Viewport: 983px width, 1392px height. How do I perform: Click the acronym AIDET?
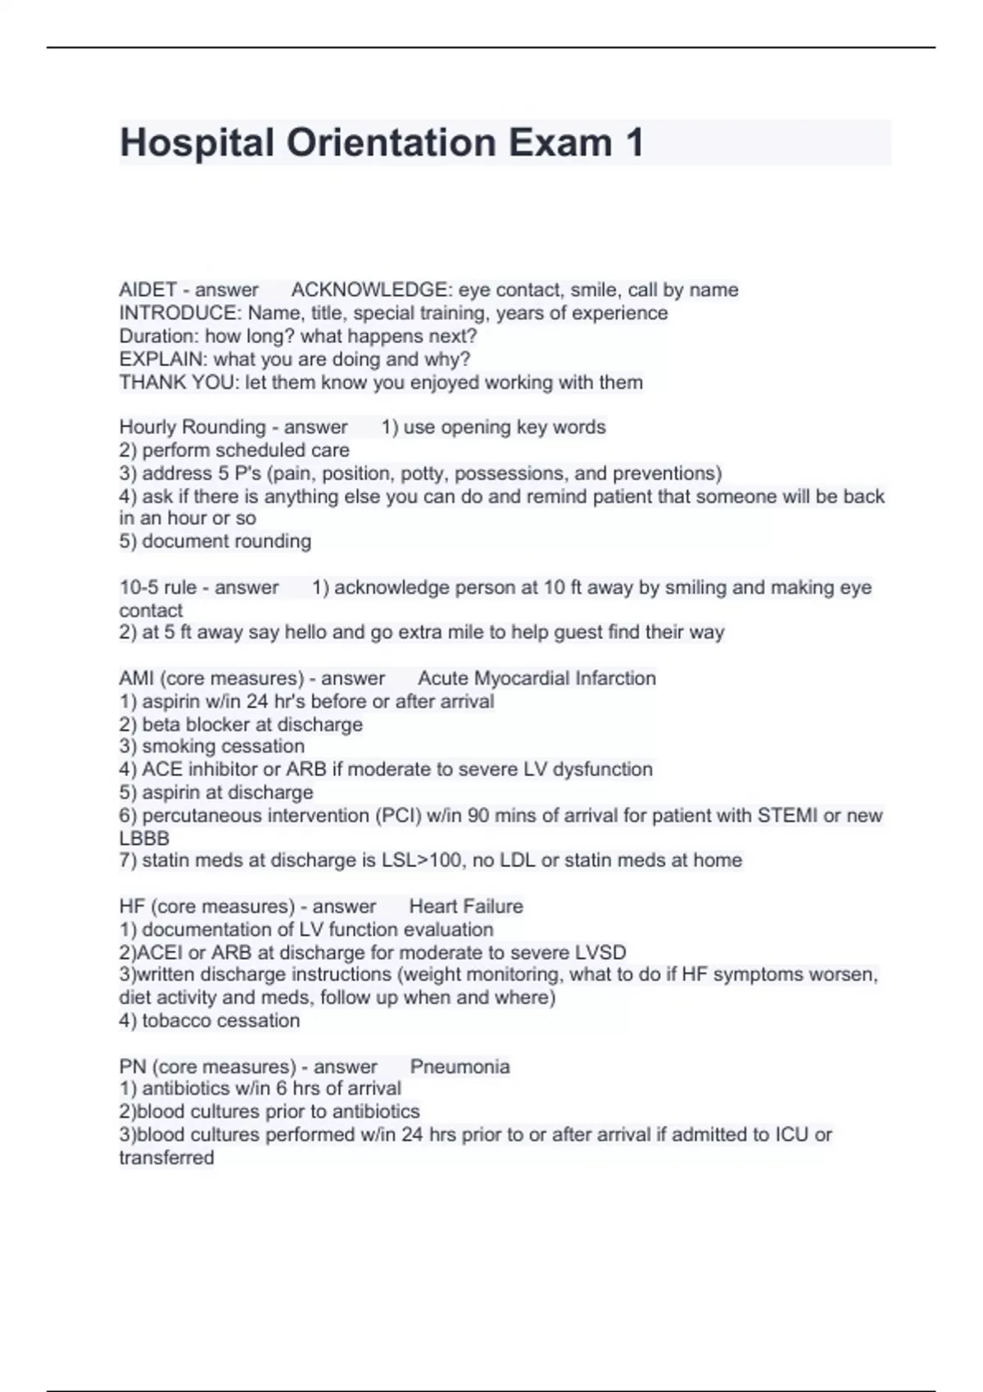[x=147, y=290]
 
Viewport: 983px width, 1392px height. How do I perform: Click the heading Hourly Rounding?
[x=193, y=427]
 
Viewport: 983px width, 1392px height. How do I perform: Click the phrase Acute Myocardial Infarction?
[x=537, y=679]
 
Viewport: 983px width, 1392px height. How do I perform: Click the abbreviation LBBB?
[x=144, y=838]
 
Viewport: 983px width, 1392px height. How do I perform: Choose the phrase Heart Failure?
[x=465, y=906]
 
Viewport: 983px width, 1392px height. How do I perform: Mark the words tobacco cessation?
[x=220, y=1021]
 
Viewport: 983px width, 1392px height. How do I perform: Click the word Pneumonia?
[x=460, y=1067]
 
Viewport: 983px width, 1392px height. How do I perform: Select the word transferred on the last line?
[x=166, y=1158]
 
